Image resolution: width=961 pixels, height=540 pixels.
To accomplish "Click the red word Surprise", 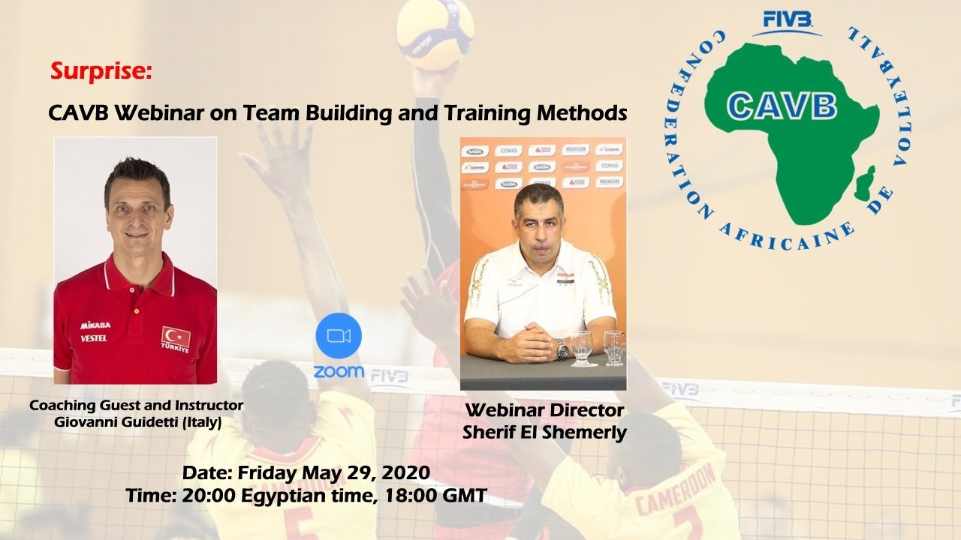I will [101, 71].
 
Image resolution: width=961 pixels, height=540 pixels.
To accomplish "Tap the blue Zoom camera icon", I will [339, 335].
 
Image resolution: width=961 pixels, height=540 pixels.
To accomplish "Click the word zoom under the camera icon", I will [339, 371].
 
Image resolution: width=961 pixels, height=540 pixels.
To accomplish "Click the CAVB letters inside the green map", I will [782, 106].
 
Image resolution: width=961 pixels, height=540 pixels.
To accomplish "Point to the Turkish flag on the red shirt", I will [176, 336].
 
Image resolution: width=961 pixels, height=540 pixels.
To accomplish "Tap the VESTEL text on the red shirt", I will [94, 338].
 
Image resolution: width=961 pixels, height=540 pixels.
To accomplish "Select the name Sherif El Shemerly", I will [544, 433].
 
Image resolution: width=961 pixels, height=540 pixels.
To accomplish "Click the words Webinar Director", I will [544, 411].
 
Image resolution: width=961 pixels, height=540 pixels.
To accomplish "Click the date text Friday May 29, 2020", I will [333, 473].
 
